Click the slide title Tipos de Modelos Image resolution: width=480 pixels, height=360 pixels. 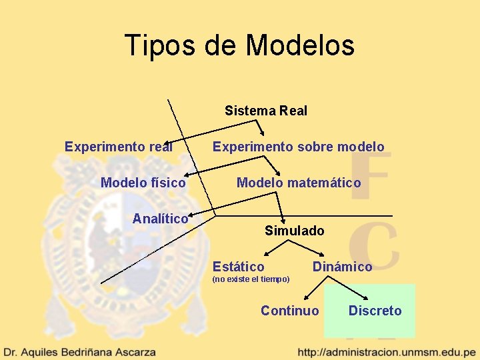click(x=239, y=45)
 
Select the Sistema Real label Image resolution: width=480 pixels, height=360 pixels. click(x=266, y=111)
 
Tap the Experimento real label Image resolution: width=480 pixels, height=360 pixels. click(x=119, y=147)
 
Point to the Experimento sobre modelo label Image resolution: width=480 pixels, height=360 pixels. click(x=298, y=147)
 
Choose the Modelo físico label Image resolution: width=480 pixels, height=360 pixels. click(x=143, y=182)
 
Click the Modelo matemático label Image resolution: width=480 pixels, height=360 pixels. click(x=299, y=183)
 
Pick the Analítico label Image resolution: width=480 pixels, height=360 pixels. click(x=160, y=219)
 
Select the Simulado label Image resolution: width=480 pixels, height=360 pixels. click(x=294, y=231)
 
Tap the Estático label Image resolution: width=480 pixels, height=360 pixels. click(x=238, y=267)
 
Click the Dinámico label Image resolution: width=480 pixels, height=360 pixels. click(x=342, y=267)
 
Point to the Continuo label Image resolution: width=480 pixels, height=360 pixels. click(x=289, y=311)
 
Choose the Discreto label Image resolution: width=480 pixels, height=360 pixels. click(x=375, y=311)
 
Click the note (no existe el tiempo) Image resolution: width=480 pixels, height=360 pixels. click(x=251, y=279)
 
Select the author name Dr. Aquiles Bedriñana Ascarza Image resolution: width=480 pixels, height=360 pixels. click(x=80, y=351)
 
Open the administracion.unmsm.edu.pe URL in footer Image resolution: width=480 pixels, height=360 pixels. click(x=387, y=351)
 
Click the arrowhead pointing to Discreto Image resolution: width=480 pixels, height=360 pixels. click(x=366, y=298)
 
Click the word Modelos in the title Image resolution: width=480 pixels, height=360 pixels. click(x=299, y=45)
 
